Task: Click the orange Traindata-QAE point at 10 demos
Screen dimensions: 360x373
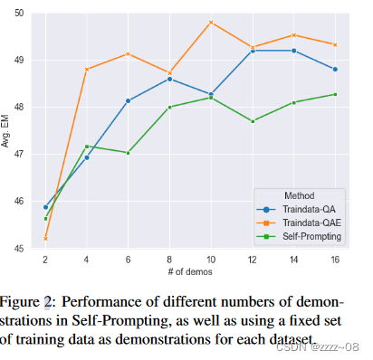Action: point(211,22)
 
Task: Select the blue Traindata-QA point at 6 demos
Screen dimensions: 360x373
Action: point(128,100)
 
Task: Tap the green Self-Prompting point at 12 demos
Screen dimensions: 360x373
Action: point(252,121)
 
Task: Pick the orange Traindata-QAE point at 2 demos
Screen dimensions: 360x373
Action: point(45,238)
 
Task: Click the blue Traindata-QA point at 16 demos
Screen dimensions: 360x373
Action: point(335,69)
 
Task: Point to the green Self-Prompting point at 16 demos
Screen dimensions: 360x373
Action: point(335,94)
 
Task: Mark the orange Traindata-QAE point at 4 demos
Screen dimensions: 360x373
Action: point(87,69)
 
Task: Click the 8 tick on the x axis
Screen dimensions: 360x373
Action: point(169,259)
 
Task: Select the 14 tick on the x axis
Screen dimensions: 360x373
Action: point(293,259)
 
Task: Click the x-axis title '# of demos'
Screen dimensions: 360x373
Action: point(190,271)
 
